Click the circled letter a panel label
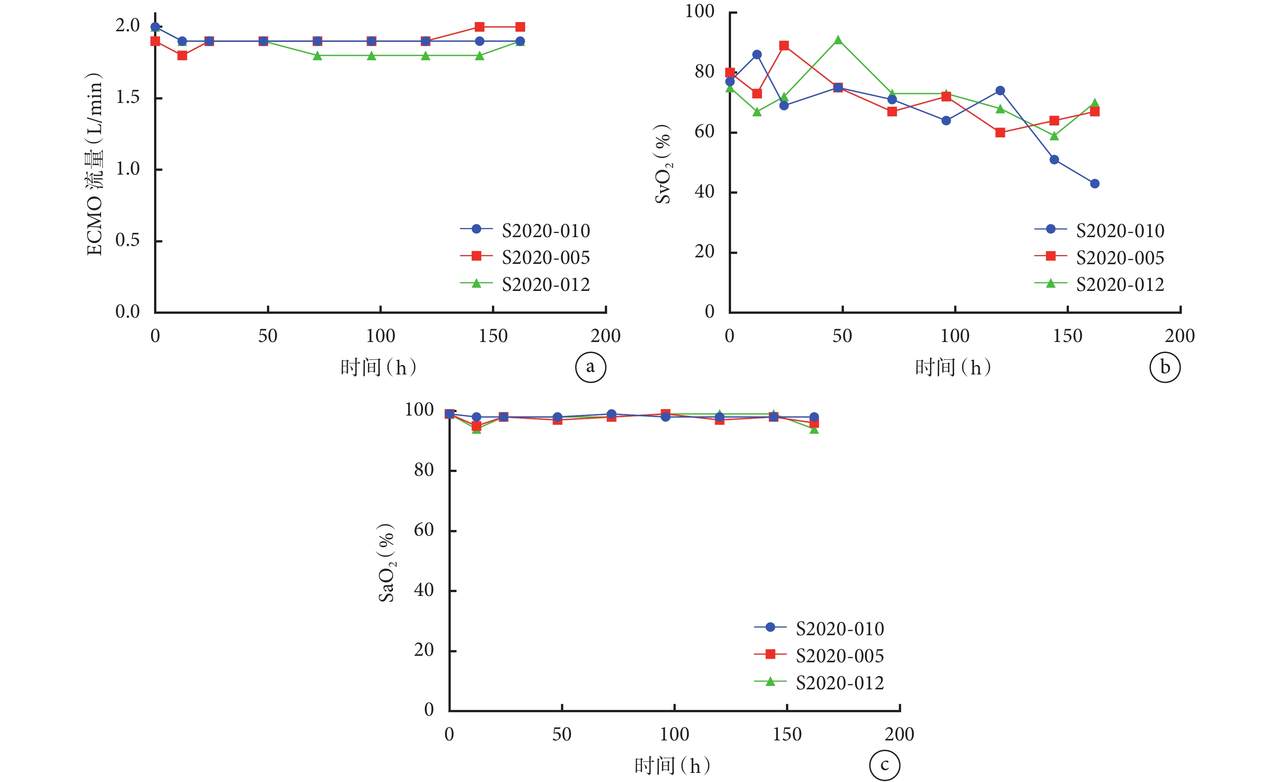coord(590,367)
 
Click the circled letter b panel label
coord(1165,367)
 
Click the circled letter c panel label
coord(884,765)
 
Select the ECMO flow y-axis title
coord(95,164)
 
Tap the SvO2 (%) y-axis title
coord(663,164)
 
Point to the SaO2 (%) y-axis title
coord(386,563)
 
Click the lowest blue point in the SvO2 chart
coord(1094,183)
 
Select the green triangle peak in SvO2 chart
coord(838,40)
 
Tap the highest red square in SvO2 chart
coord(784,46)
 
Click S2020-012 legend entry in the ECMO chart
coord(546,284)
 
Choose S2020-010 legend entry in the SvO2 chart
coord(1120,230)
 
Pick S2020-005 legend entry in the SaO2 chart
coord(839,656)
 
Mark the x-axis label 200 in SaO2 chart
coord(900,734)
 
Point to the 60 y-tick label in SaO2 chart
coord(424,530)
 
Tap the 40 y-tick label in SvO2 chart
coord(704,192)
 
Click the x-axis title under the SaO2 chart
coord(672,766)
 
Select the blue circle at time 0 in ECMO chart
coord(155,27)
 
